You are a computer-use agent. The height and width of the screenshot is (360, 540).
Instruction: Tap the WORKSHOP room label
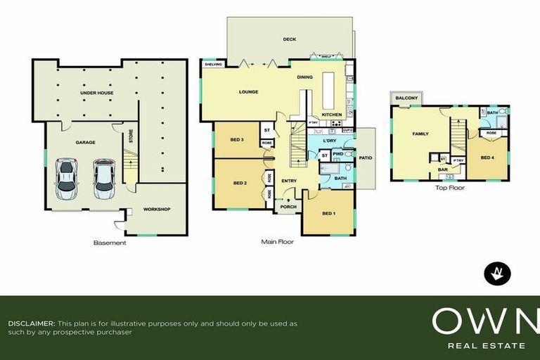pos(157,209)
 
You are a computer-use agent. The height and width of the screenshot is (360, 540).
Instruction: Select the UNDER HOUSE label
pos(96,93)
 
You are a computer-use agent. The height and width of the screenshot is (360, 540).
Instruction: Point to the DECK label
pos(288,40)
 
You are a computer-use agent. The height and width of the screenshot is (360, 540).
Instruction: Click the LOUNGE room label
pos(248,91)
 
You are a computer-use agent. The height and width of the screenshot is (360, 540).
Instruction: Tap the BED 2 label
pos(239,183)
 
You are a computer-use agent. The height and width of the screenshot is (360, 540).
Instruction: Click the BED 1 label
pos(328,213)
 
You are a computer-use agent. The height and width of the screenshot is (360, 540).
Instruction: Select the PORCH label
pos(288,207)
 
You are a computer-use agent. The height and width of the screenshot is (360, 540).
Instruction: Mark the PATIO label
pos(365,158)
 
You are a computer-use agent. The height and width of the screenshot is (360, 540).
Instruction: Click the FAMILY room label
pos(420,133)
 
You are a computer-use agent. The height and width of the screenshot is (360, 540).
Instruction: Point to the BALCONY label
pos(406,98)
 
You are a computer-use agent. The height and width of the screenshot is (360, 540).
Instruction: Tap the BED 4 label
pos(487,157)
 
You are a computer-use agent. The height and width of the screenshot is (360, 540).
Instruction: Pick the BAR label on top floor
pos(443,169)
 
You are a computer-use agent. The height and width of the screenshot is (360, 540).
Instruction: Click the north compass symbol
pos(498,273)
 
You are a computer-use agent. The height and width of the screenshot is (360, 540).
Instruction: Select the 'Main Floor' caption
pos(277,242)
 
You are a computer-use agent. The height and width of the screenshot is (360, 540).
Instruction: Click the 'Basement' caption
pos(110,243)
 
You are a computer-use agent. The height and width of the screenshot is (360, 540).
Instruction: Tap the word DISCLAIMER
pos(31,323)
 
